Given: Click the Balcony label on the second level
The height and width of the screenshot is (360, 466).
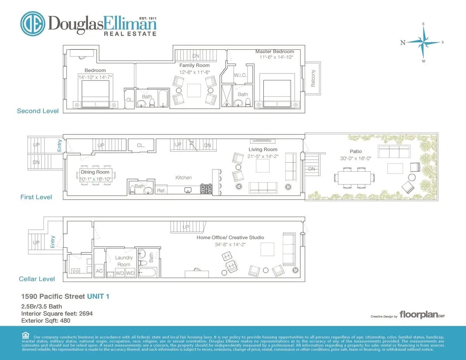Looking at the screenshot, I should pyautogui.click(x=313, y=78).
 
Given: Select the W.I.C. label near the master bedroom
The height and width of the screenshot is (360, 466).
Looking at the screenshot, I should pyautogui.click(x=240, y=75).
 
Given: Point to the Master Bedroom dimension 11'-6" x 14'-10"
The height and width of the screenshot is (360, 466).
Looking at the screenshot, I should pyautogui.click(x=276, y=57).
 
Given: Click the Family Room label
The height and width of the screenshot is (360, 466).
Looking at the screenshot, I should pyautogui.click(x=194, y=65).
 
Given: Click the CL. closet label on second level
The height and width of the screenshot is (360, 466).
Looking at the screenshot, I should pyautogui.click(x=129, y=100).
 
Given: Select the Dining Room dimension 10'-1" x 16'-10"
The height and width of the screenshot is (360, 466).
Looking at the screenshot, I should pyautogui.click(x=96, y=179).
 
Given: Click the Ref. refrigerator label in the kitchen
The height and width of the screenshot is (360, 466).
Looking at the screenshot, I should pyautogui.click(x=161, y=191).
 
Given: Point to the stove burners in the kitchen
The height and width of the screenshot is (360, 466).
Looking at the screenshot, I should pyautogui.click(x=205, y=189).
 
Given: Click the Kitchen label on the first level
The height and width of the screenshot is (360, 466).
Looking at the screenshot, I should pyautogui.click(x=183, y=177).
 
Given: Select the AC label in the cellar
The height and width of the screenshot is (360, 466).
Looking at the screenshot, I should pyautogui.click(x=99, y=271).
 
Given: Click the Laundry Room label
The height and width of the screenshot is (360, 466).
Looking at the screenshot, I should pyautogui.click(x=124, y=261).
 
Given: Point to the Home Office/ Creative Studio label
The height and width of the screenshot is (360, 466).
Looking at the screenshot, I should pyautogui.click(x=230, y=238).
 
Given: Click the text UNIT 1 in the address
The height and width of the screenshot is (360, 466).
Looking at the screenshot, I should pyautogui.click(x=98, y=296).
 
